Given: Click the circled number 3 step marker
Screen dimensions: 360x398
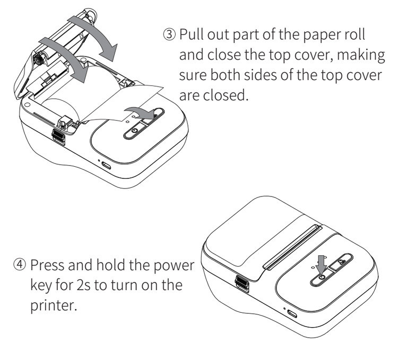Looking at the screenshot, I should (x=170, y=35).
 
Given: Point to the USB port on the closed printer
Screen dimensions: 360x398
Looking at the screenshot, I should (x=292, y=313).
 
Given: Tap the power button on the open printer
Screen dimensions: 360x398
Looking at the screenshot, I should (x=133, y=131).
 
